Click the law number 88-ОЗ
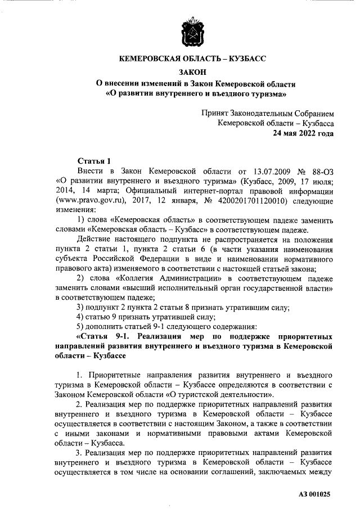point(322,170)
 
